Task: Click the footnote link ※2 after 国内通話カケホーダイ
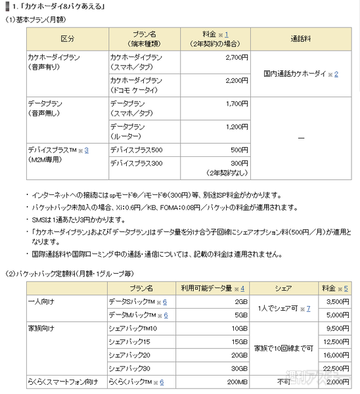coord(335,74)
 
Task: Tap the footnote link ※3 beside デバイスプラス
coord(84,150)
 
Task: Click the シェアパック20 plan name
coord(131,354)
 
